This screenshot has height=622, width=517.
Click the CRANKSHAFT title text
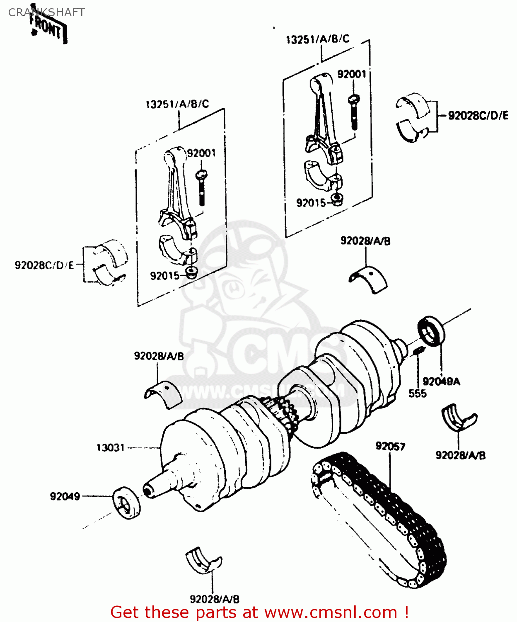tap(46, 12)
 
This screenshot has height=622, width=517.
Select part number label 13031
tap(110, 448)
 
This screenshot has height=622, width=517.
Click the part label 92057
tap(390, 446)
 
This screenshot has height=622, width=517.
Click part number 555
tap(417, 393)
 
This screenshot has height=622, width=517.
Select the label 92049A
tap(441, 381)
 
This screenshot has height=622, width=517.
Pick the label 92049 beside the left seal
tap(65, 496)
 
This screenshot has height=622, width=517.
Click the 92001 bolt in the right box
tap(354, 112)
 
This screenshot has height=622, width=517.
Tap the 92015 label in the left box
tap(164, 276)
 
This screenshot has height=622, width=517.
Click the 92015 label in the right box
tap(311, 203)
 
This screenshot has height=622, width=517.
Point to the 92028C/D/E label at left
tap(44, 265)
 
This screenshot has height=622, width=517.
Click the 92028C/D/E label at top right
tap(478, 116)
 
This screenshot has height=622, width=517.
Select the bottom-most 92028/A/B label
tap(214, 599)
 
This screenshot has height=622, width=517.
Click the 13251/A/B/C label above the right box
tap(317, 39)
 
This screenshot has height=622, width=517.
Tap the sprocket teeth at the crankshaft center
tap(286, 413)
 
